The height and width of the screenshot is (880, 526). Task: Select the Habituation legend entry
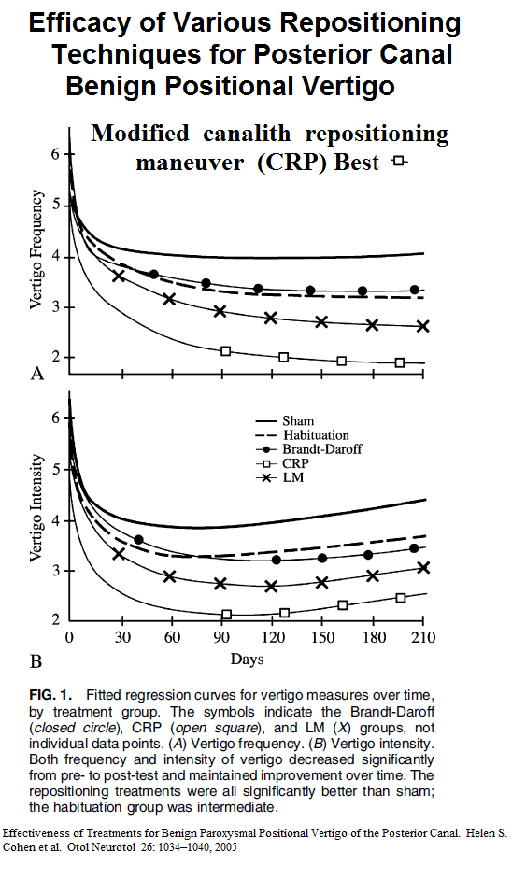(x=302, y=435)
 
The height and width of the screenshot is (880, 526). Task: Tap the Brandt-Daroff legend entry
(x=308, y=449)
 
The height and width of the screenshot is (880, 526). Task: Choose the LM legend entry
(x=279, y=477)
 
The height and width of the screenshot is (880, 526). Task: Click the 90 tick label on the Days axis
(x=221, y=637)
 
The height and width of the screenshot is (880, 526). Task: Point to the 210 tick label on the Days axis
(x=423, y=637)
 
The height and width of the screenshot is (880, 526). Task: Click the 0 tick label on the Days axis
(x=70, y=637)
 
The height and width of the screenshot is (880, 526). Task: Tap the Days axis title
(x=247, y=659)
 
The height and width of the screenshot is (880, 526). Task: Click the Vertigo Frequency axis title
(x=36, y=249)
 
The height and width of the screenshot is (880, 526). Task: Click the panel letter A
(x=36, y=374)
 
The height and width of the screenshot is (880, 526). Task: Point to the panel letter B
(x=36, y=661)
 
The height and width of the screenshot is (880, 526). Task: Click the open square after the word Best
(x=399, y=161)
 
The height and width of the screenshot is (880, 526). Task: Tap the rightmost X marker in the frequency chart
(x=422, y=326)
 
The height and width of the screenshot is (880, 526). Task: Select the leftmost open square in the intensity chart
(x=227, y=615)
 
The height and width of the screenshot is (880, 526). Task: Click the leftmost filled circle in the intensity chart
(x=138, y=540)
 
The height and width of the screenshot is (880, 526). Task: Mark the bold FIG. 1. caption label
(x=50, y=695)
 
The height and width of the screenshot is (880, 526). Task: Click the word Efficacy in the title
(x=95, y=23)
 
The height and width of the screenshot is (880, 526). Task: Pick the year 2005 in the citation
(x=225, y=847)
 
